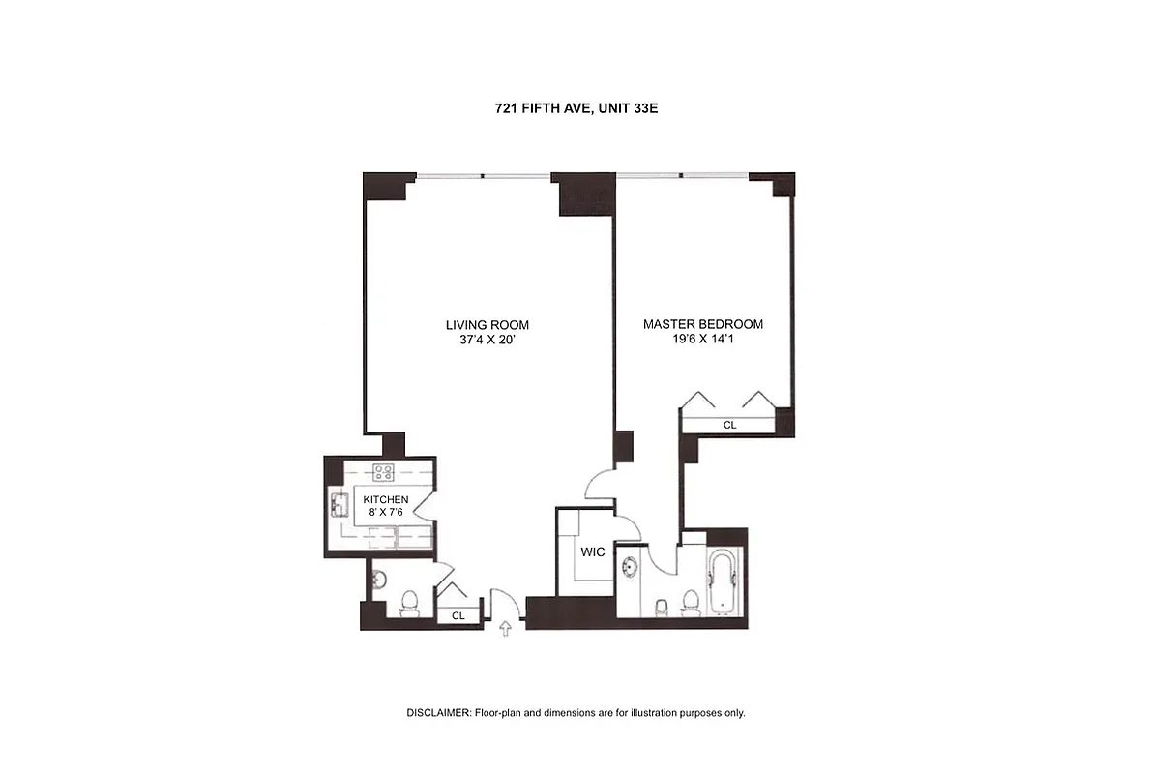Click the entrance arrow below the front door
point(504,630)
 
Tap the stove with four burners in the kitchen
point(384,473)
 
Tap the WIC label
point(592,552)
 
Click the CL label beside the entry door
point(458,615)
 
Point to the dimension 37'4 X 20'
point(487,340)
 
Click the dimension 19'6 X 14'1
point(703,340)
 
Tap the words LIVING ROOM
point(487,325)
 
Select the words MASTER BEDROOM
point(703,324)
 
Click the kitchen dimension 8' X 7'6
point(384,513)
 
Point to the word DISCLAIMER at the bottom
point(437,713)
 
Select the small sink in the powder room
point(377,580)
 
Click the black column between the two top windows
point(583,193)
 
